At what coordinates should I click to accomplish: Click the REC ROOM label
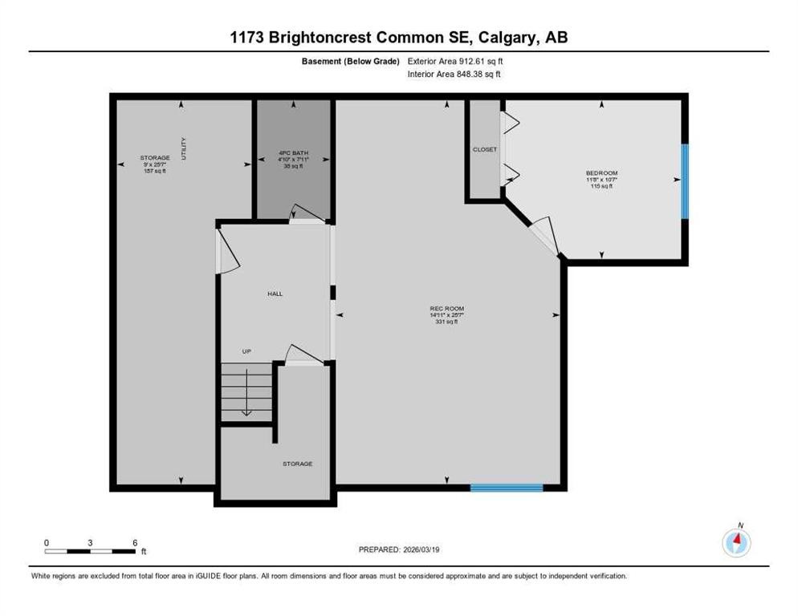446,309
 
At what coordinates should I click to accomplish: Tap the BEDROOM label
601,172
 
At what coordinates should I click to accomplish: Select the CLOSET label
485,149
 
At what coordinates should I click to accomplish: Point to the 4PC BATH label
293,152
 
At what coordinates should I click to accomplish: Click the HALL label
275,294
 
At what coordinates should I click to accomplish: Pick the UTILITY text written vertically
184,149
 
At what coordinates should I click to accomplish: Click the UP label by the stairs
248,351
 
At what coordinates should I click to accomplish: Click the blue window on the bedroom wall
685,181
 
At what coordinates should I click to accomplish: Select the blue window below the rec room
507,487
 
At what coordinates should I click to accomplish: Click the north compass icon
736,543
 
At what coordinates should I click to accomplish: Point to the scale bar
90,551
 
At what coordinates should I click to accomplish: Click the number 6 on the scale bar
134,542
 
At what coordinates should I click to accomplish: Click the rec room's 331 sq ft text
446,322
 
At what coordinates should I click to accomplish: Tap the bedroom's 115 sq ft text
601,186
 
